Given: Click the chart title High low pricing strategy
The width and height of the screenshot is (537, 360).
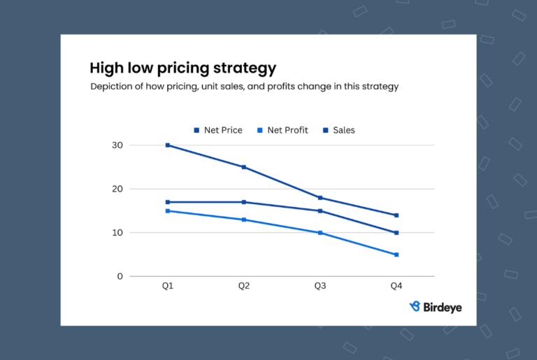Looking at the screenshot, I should [x=182, y=69].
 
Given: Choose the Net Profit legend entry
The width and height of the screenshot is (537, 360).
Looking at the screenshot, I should [x=282, y=130].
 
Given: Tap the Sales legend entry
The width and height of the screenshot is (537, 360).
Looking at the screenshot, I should [x=338, y=130].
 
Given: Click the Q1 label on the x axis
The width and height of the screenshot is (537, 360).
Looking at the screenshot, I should [x=168, y=287].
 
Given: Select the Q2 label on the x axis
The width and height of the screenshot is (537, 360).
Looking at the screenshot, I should [x=244, y=287].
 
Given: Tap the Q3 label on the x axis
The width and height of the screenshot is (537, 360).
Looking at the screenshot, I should [x=320, y=287].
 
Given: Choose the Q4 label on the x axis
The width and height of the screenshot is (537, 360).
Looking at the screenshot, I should [x=396, y=287].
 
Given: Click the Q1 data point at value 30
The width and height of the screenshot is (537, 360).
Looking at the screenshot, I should [x=168, y=145].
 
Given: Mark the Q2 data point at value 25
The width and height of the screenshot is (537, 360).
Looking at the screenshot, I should [x=244, y=167].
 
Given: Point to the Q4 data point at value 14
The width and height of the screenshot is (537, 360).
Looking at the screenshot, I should [x=396, y=215].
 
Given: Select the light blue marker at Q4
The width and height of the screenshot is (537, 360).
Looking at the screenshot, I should [x=396, y=254].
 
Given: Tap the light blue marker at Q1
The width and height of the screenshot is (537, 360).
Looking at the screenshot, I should [x=168, y=210].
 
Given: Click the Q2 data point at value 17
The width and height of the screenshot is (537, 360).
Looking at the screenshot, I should [x=244, y=202].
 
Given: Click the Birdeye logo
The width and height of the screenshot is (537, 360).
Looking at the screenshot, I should [x=435, y=307].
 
